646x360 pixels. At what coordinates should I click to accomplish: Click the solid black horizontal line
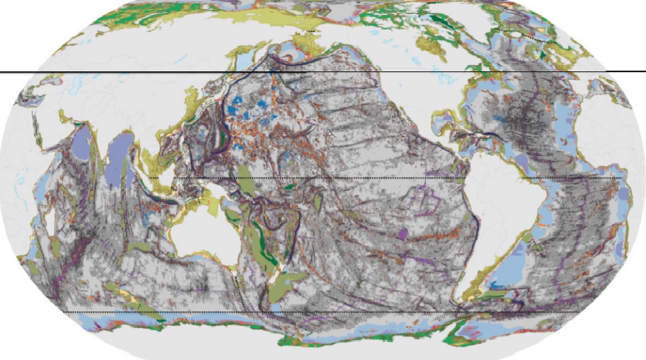[x=140, y=72]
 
